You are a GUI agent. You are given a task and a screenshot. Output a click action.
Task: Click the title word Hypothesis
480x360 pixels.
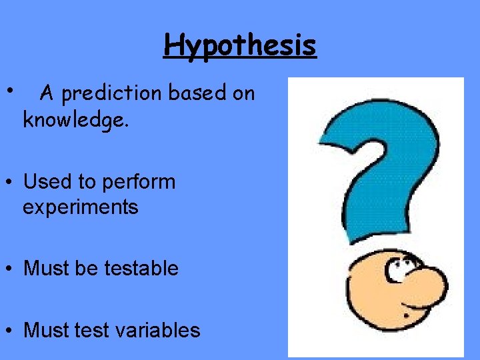[x=240, y=46]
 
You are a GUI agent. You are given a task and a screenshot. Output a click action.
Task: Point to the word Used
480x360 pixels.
[x=45, y=181]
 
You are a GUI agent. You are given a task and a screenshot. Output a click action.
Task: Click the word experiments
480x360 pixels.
[x=80, y=207]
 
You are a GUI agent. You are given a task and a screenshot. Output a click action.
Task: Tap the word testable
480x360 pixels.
[x=141, y=269]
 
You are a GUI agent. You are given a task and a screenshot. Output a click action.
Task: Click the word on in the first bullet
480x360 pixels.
[x=243, y=94]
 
